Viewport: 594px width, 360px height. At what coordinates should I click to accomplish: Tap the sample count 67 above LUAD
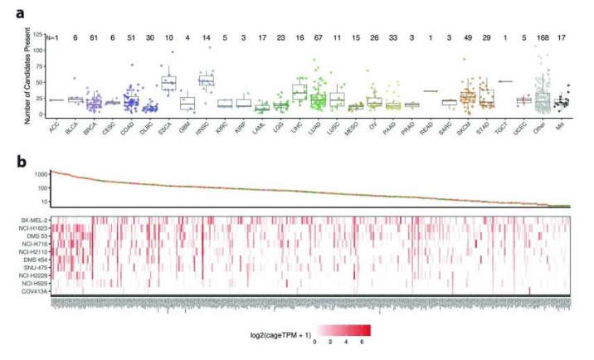pyautogui.click(x=317, y=36)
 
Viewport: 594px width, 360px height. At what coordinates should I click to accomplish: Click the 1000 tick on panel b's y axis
pyautogui.click(x=38, y=175)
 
